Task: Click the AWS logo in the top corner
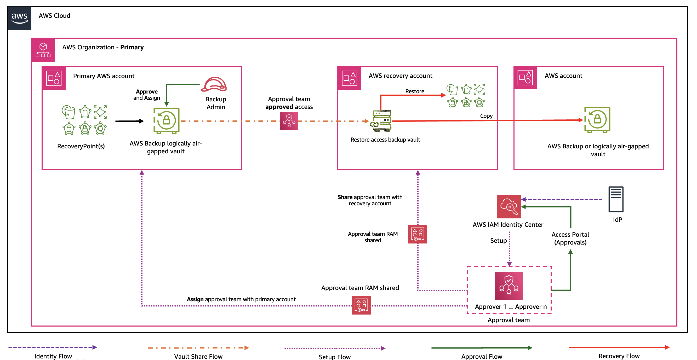20,18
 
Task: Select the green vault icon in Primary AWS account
166,121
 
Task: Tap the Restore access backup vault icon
382,121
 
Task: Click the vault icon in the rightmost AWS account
597,120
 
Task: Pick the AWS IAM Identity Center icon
509,206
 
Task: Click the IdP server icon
616,199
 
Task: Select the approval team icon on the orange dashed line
289,121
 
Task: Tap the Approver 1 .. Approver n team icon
509,286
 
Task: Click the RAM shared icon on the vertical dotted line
417,234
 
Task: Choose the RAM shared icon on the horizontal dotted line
361,305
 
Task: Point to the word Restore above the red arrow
415,91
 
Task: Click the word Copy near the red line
486,116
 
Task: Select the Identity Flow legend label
53,356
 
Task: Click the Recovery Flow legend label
619,356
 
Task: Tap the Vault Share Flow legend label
198,356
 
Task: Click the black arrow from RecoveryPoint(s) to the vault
129,121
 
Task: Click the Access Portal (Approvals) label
570,238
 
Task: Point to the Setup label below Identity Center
498,240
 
